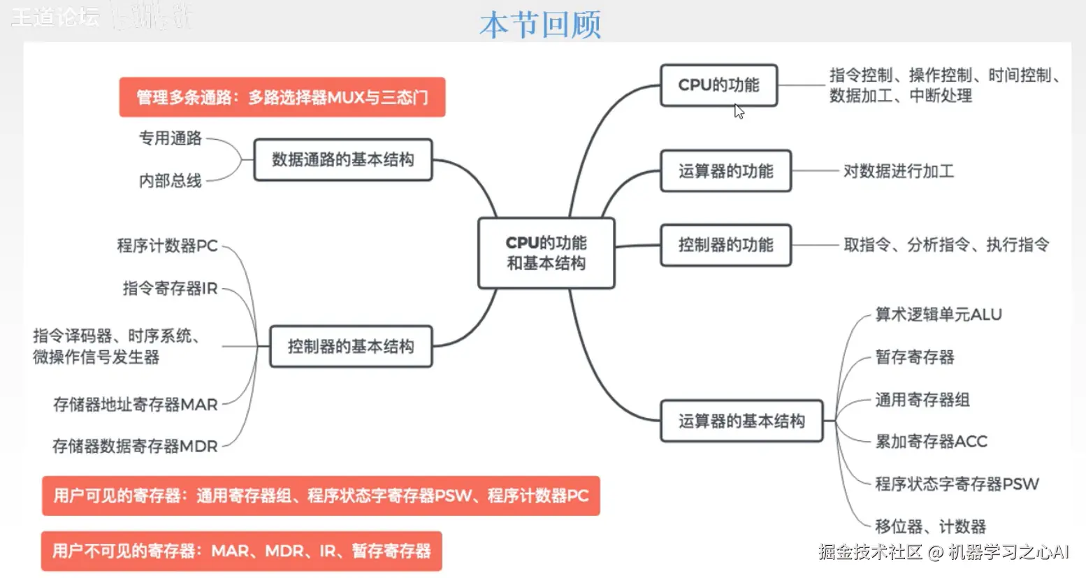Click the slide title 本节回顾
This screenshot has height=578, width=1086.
coord(540,25)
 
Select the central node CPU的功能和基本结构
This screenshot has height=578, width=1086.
coord(546,253)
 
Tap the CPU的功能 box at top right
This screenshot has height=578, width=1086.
coord(718,85)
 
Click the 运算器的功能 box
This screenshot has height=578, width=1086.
coord(725,171)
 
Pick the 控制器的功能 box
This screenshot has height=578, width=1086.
coord(725,245)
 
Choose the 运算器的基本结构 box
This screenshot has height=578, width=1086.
coord(741,421)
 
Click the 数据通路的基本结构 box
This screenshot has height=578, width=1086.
coord(342,160)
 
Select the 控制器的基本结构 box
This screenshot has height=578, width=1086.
coord(350,347)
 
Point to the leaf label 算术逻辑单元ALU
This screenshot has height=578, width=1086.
coord(938,315)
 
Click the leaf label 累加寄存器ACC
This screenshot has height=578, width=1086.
coord(931,442)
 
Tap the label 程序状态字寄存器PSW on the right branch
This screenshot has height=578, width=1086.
coord(956,484)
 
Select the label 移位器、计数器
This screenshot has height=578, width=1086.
coord(929,527)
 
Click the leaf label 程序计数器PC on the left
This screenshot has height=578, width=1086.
coord(167,246)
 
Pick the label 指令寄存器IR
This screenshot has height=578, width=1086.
coord(170,288)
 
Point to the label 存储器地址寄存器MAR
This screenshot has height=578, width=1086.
coord(136,405)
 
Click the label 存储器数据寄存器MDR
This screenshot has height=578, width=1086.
coord(135,447)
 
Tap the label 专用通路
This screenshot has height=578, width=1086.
coord(170,138)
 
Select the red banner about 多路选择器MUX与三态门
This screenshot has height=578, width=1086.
coord(282,97)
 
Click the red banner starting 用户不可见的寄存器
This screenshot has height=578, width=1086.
coord(241,551)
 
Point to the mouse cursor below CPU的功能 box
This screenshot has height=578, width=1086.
coord(739,111)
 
